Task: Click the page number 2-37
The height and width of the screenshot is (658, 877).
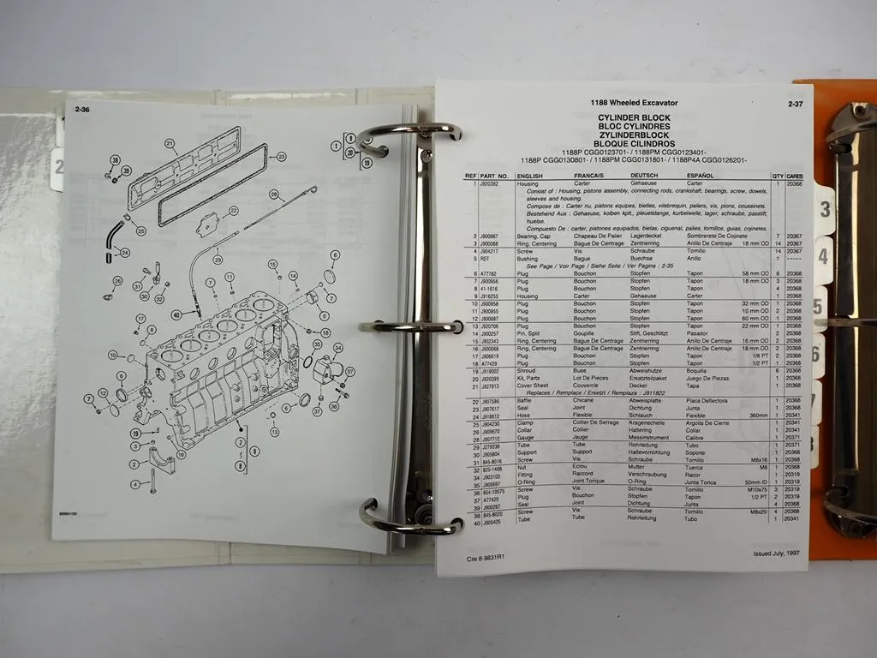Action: tap(794, 105)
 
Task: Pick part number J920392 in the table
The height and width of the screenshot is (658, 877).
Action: tap(490, 183)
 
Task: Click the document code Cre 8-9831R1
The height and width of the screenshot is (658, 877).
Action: tap(484, 559)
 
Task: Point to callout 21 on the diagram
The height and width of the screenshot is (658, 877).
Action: tap(170, 144)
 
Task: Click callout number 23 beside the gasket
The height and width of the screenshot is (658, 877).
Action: tap(281, 157)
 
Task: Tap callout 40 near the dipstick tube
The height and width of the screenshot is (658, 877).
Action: tap(176, 314)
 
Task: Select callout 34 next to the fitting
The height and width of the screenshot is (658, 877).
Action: tap(337, 347)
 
